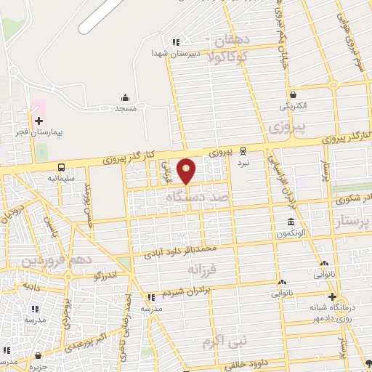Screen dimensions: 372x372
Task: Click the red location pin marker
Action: [x=187, y=170]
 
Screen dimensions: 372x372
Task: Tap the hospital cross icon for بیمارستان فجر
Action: [x=39, y=121]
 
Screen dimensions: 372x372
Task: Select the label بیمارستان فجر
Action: [x=39, y=134]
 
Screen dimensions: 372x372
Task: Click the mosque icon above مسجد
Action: [x=125, y=97]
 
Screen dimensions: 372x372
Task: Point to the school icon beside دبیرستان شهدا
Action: [x=175, y=42]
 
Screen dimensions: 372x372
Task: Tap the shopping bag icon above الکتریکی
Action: [x=292, y=94]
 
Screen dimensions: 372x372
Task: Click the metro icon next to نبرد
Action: [x=243, y=152]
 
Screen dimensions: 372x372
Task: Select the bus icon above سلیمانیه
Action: [x=62, y=166]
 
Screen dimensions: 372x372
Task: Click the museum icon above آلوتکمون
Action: [x=291, y=221]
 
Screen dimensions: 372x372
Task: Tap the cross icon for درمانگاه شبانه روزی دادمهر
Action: [x=332, y=296]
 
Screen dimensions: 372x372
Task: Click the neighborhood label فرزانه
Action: [x=202, y=270]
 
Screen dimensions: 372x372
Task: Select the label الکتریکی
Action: [x=292, y=106]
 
